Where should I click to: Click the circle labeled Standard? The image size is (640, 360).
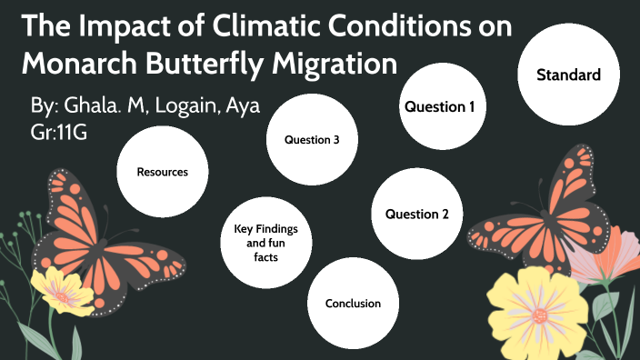coord(568,75)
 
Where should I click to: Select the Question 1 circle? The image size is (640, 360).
coord(440,107)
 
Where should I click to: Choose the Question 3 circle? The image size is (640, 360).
coord(312,140)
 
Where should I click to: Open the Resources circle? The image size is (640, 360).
coord(163,171)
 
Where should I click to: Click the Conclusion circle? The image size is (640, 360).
coord(353,304)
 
